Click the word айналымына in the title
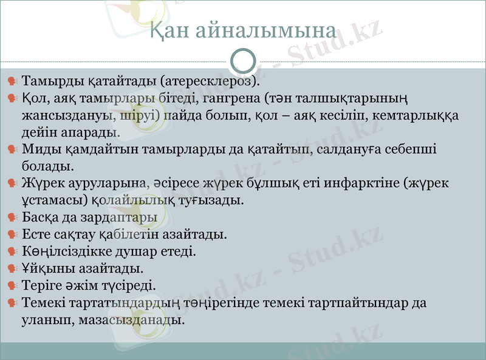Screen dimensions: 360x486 pos(267,32)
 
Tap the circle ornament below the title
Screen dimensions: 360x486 pos(244,61)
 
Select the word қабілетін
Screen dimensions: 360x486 pos(128,234)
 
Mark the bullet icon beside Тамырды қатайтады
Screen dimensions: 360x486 pos(12,81)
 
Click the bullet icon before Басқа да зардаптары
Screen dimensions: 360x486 pos(12,217)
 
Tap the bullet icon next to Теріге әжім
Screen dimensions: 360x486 pos(12,285)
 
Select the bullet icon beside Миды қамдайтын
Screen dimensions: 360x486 pos(12,149)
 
